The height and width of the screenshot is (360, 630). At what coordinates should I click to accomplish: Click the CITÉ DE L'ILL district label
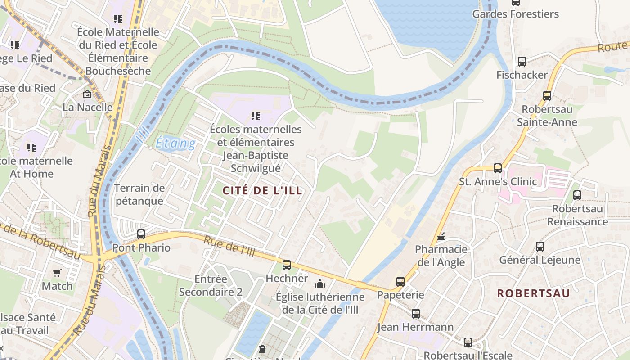tap(263, 190)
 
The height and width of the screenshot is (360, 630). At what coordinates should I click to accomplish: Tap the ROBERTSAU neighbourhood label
tap(533, 293)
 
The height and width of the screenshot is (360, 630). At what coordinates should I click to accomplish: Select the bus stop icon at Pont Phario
tap(141, 234)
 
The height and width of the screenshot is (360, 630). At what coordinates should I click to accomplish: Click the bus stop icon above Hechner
tap(287, 265)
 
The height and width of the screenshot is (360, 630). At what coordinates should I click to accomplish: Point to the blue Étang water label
tap(175, 144)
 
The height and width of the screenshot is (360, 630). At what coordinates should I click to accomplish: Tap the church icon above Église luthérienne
tap(320, 283)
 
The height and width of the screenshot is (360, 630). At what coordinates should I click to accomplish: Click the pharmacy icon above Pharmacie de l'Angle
tap(441, 236)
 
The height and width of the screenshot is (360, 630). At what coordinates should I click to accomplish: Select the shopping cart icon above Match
tap(57, 273)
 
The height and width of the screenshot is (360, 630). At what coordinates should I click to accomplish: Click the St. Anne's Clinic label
tap(498, 182)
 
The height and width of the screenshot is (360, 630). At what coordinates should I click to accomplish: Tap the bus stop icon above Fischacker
tap(522, 62)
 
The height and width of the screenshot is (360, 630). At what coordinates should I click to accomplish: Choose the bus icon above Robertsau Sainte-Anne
tap(547, 95)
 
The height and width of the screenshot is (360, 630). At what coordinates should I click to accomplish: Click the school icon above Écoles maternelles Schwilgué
tap(256, 116)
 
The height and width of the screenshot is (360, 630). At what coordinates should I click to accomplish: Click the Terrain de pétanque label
tap(139, 194)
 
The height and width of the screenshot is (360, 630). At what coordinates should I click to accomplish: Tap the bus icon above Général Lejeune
tap(540, 247)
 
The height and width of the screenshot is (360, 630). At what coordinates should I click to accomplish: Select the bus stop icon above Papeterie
tap(400, 282)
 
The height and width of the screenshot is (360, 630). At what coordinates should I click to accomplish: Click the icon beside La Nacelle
tap(87, 94)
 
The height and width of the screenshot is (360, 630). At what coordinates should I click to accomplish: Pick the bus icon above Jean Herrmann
tap(416, 314)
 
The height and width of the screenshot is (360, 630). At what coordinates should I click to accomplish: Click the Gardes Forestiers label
tap(515, 14)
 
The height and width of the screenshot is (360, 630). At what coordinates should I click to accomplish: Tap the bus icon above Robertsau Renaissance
tap(577, 195)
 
